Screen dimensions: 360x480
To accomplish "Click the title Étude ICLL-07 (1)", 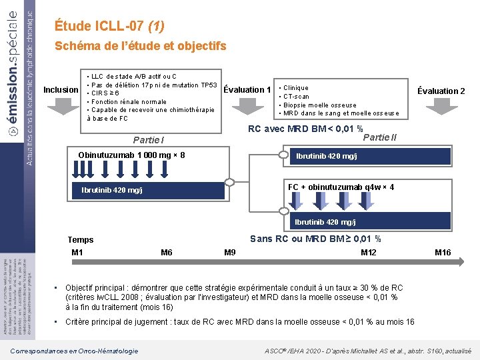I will pos(109,27).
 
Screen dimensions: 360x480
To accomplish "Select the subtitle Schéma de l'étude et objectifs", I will pos(140,46).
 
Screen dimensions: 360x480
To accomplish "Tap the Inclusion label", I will pos(61,90).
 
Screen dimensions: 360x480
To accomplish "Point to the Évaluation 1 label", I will pos(247,90).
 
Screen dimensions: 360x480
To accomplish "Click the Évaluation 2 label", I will pos(441,91).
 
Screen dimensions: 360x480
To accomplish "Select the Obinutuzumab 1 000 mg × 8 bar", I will pos(131,155).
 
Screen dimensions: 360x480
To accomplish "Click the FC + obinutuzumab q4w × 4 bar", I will pos(341,187).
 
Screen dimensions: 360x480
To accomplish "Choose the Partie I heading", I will pos(149,140).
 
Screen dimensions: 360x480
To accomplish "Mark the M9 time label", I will pos(230,253).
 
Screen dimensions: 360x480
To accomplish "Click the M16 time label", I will pos(443,253).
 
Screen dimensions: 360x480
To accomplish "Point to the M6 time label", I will pos(167,253).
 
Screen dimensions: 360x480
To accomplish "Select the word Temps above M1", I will pos(81,240).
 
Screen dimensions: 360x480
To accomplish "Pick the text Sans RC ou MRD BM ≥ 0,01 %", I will pos(315,239).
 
